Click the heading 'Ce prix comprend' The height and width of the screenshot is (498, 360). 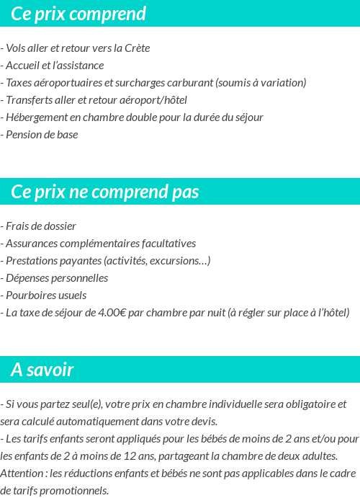[x=78, y=14]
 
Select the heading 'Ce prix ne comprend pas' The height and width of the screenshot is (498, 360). [x=105, y=192]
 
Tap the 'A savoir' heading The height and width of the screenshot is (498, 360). [x=42, y=370]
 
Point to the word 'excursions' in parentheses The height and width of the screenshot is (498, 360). [x=177, y=261]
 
